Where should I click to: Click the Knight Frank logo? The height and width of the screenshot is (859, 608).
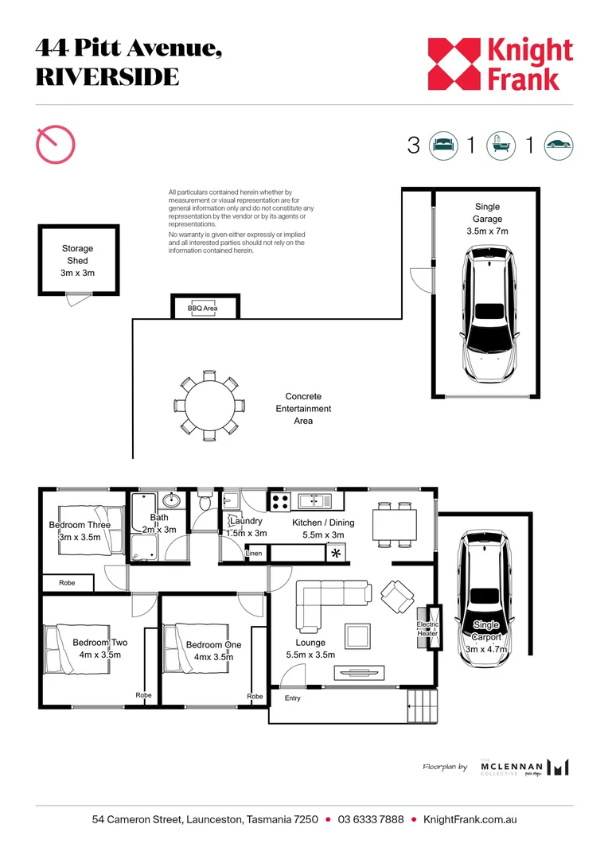tap(500, 64)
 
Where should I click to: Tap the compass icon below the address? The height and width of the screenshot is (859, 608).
tap(55, 144)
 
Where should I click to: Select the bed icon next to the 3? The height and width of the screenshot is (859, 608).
tap(443, 146)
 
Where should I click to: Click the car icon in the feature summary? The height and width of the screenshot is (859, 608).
tap(558, 146)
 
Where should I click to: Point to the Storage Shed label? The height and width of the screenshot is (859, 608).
tap(77, 260)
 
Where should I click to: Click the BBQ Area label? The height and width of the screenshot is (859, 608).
tap(202, 309)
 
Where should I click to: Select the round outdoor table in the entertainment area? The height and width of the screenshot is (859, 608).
tap(209, 406)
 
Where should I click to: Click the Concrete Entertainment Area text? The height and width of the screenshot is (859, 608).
tap(303, 409)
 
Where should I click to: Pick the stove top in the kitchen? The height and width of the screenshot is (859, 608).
tap(279, 502)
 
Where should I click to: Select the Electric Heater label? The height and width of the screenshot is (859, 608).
tap(427, 629)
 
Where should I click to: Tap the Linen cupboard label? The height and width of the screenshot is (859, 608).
tap(254, 554)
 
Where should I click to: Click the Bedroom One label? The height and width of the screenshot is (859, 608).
tap(214, 651)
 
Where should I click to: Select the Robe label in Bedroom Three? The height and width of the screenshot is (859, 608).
tap(67, 583)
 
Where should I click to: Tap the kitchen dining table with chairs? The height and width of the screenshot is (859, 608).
tap(395, 524)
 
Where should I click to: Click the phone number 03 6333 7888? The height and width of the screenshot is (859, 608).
tap(371, 819)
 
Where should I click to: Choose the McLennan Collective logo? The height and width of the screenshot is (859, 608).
tap(524, 768)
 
